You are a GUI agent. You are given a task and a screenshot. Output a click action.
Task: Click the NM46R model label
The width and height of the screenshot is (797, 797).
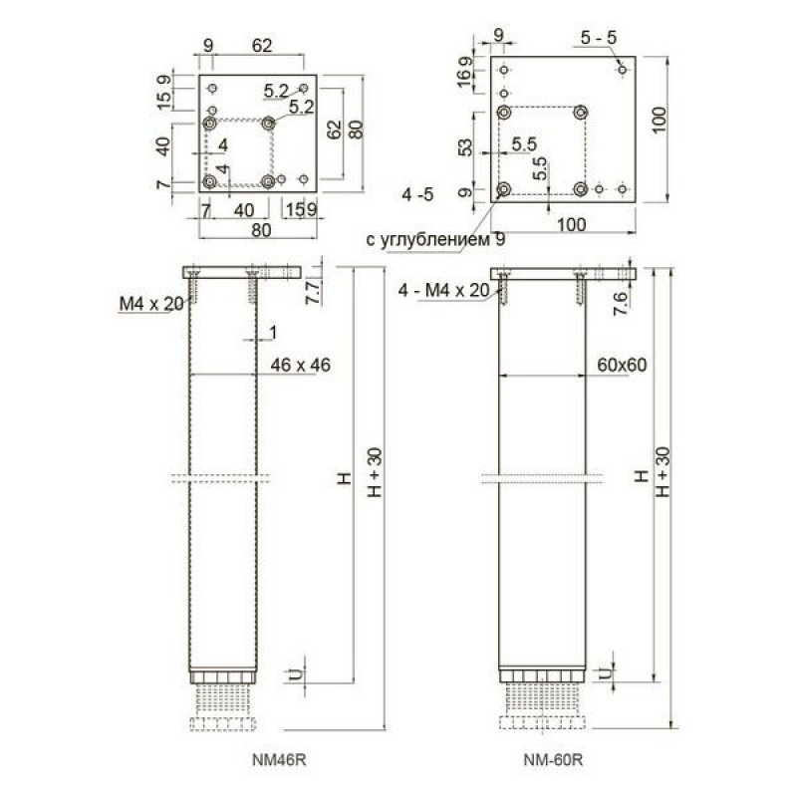[x=279, y=760]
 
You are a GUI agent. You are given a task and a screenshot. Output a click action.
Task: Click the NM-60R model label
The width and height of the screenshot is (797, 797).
[x=553, y=760]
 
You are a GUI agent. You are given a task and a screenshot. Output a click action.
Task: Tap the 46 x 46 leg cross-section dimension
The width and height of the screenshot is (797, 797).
[x=301, y=365]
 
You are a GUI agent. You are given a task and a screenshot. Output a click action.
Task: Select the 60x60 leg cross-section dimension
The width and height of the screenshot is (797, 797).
[x=622, y=365]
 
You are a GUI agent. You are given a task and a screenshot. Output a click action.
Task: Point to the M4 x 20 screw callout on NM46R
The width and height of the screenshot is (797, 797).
[x=151, y=304]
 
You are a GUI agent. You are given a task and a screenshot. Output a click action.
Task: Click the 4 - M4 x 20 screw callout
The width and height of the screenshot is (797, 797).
[x=443, y=290]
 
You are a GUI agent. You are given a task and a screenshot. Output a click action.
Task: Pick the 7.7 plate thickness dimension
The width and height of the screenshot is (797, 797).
[x=313, y=292]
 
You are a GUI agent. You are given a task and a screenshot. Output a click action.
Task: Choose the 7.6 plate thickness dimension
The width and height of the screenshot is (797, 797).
[x=620, y=304]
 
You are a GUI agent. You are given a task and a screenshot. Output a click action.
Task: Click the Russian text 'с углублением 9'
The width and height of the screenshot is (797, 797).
[x=435, y=239]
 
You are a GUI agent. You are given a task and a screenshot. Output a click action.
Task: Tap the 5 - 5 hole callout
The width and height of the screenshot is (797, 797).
[x=599, y=37]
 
